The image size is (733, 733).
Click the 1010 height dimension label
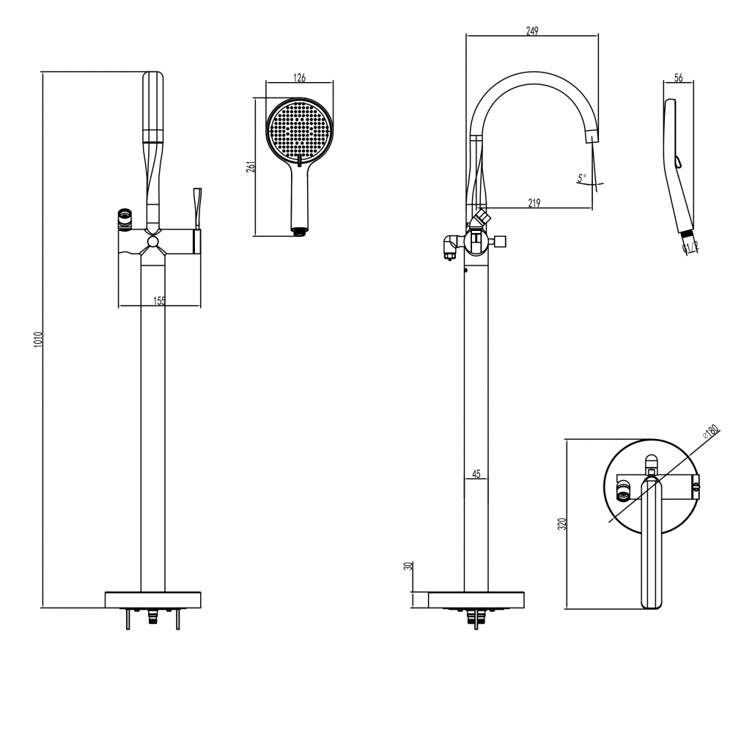(x=38, y=339)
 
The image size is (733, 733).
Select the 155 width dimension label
(x=159, y=301)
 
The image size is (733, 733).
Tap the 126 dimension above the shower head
(x=299, y=78)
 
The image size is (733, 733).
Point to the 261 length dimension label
(x=251, y=167)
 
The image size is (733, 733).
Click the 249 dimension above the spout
(x=532, y=31)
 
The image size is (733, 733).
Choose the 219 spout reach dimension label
(x=534, y=203)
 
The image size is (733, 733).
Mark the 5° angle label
(x=581, y=178)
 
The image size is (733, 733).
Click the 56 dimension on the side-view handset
(x=679, y=78)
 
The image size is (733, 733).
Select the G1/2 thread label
(x=691, y=247)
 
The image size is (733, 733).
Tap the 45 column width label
(x=476, y=474)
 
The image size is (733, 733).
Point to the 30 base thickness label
(x=408, y=566)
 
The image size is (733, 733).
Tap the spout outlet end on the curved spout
(x=592, y=138)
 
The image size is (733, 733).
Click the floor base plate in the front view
(x=153, y=600)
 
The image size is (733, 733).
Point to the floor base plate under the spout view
(x=476, y=600)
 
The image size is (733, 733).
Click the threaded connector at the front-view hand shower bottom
(x=299, y=230)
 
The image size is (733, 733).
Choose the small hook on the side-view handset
(x=677, y=162)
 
